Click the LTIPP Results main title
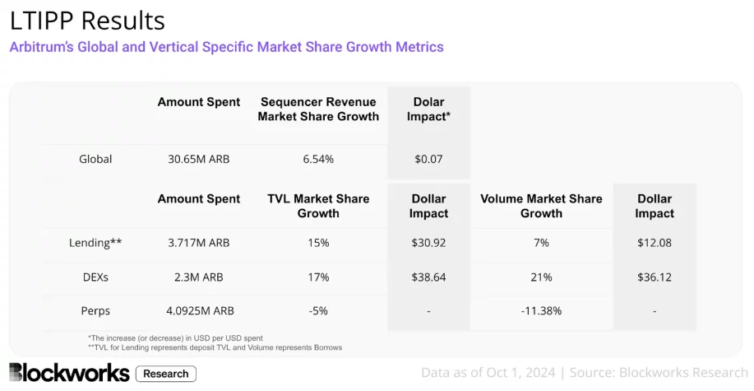[87, 20]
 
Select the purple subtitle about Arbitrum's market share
[226, 47]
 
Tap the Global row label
[95, 159]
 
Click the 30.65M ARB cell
[199, 159]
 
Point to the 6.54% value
[318, 159]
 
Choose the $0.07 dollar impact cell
[428, 159]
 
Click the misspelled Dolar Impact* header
[428, 109]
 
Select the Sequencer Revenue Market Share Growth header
[318, 109]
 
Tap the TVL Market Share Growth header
[318, 206]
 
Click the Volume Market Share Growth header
[541, 206]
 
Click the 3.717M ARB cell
[199, 243]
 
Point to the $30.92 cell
[428, 243]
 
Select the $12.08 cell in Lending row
[655, 243]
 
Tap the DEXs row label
[95, 277]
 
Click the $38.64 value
[428, 277]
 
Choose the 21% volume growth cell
[541, 277]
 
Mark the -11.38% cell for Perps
[541, 311]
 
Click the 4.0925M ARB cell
[199, 311]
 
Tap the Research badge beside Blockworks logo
[165, 374]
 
